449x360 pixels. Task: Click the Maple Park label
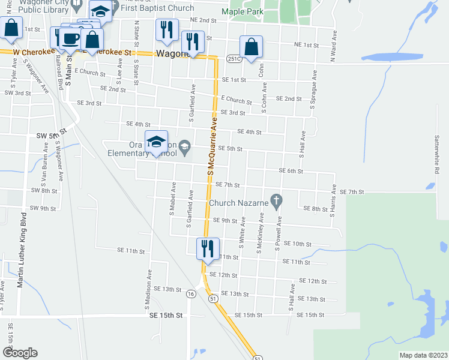[x=242, y=11]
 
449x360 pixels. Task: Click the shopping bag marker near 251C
[x=251, y=47]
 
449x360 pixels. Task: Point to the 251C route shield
[x=234, y=59]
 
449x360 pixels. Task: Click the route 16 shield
[x=190, y=294]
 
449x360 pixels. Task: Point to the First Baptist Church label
[x=157, y=8]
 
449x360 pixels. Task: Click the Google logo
[x=20, y=353]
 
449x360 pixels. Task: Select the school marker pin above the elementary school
[x=156, y=142]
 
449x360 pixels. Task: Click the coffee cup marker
[x=69, y=38]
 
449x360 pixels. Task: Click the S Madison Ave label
[x=146, y=289]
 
